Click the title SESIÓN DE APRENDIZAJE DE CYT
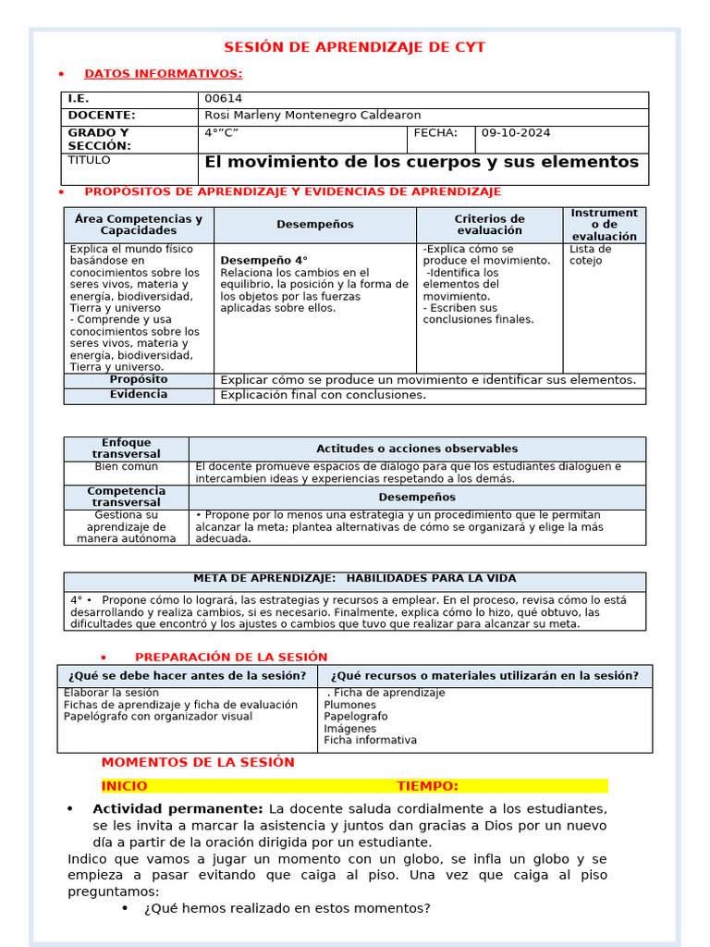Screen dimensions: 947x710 tap(356, 47)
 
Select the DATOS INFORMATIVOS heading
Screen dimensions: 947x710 tap(164, 74)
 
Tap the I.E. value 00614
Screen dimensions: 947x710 tap(224, 99)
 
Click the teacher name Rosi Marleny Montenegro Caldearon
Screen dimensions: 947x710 tap(312, 116)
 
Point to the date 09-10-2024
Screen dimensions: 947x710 tap(516, 133)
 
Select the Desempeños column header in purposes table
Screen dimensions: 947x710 tap(314, 225)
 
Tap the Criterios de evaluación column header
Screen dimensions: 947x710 tap(489, 225)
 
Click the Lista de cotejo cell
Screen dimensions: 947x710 tap(590, 254)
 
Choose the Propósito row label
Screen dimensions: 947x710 tap(139, 380)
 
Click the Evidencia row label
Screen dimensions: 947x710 tap(139, 395)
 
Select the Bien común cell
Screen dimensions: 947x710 tap(126, 467)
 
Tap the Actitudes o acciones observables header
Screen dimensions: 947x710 tap(417, 449)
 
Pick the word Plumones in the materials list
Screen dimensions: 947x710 tap(349, 705)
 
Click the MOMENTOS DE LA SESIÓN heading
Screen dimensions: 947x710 tap(198, 763)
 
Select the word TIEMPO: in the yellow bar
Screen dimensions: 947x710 tap(427, 786)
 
